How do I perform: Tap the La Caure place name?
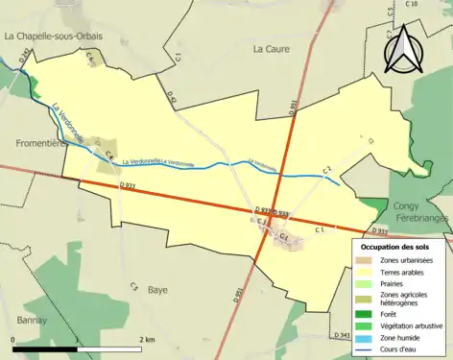coord(271,46)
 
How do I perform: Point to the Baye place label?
coord(157,288)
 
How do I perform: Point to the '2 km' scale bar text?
coord(147,340)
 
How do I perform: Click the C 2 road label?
coord(326,170)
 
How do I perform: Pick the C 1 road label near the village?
coord(321,229)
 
